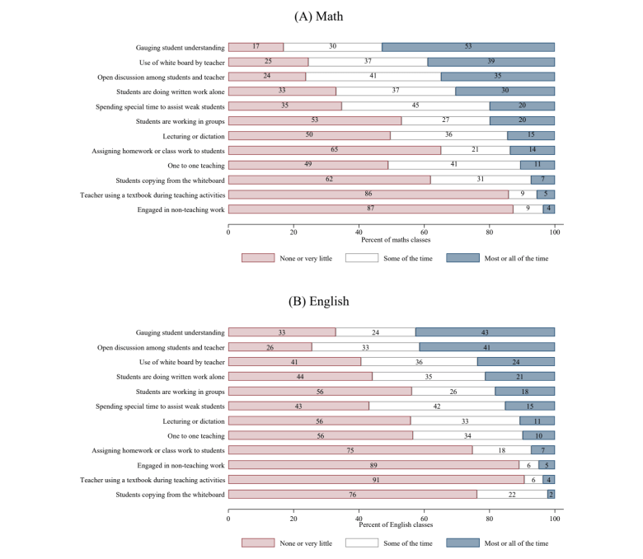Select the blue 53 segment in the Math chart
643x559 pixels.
click(x=468, y=47)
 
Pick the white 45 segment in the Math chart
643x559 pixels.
click(x=415, y=106)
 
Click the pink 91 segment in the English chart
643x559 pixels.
click(x=376, y=479)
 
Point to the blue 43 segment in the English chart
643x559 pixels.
click(x=485, y=332)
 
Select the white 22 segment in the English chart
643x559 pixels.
click(x=511, y=494)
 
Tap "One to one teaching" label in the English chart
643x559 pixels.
click(x=192, y=435)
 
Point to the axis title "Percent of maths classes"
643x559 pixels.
click(x=391, y=239)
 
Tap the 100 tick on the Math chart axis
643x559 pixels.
click(x=554, y=233)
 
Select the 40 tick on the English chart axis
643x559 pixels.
click(x=359, y=518)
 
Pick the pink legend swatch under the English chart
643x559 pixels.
click(x=257, y=543)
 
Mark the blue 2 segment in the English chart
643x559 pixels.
click(x=551, y=494)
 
